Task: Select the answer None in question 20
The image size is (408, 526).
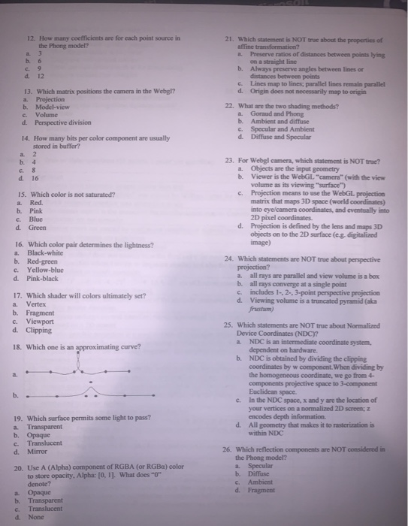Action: click(37, 516)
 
